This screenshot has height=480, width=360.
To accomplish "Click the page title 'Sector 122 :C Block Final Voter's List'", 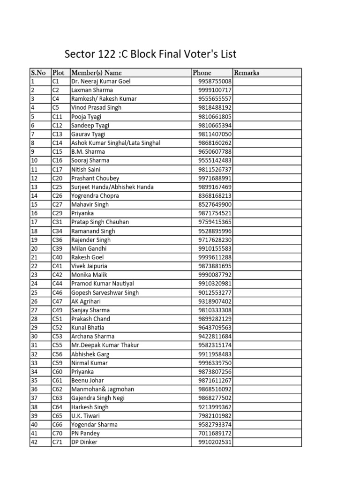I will [153, 53].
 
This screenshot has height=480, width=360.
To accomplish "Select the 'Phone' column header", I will [202, 73].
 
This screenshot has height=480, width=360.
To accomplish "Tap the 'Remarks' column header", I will [246, 73].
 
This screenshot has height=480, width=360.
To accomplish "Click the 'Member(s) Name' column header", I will [96, 73].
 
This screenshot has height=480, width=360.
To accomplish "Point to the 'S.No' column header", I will [38, 73].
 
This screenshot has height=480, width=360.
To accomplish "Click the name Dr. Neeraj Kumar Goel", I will [101, 81].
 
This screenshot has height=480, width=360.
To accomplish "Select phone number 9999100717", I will [215, 90].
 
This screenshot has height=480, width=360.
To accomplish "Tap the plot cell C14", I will [57, 143].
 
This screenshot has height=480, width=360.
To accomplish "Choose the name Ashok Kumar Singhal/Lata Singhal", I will [116, 143].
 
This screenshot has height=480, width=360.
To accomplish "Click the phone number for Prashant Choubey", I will [215, 178].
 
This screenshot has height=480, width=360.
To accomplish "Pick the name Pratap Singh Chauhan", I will [100, 222].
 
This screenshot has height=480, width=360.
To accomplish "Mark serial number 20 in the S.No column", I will [34, 248].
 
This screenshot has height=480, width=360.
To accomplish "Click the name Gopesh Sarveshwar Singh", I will [105, 292].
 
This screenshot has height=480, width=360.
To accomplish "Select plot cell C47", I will [57, 301].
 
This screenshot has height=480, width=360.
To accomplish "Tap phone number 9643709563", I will [215, 328].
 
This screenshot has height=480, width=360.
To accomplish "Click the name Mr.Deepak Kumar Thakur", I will [105, 345].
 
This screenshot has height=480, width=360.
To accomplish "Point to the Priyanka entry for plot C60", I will [82, 372].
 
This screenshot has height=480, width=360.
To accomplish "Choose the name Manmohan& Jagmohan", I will [103, 390].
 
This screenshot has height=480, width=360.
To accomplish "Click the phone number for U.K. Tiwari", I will [215, 416].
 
